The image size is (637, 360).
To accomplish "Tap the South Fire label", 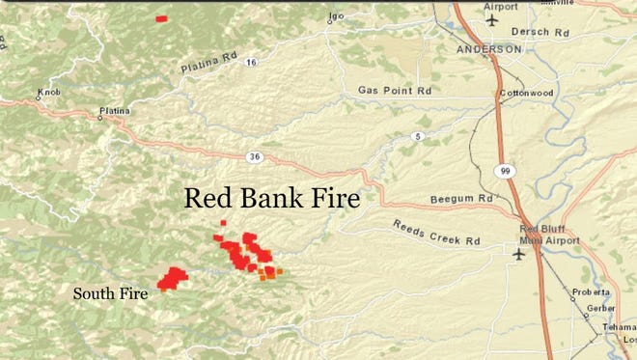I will pyautogui.click(x=111, y=291).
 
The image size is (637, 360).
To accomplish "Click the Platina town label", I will pyautogui.click(x=113, y=112).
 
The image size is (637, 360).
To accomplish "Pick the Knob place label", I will pyautogui.click(x=47, y=94).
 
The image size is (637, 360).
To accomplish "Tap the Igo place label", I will pyautogui.click(x=336, y=16).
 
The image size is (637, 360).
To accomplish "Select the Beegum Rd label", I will pyautogui.click(x=461, y=200).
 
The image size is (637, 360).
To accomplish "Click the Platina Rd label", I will pyautogui.click(x=208, y=66).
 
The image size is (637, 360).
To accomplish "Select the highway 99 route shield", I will pyautogui.click(x=505, y=170).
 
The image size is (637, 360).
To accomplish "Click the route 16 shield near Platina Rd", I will pyautogui.click(x=251, y=62).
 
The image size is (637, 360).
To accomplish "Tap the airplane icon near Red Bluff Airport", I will pyautogui.click(x=519, y=254).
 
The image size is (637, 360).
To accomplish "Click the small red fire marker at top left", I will pyautogui.click(x=161, y=18).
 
